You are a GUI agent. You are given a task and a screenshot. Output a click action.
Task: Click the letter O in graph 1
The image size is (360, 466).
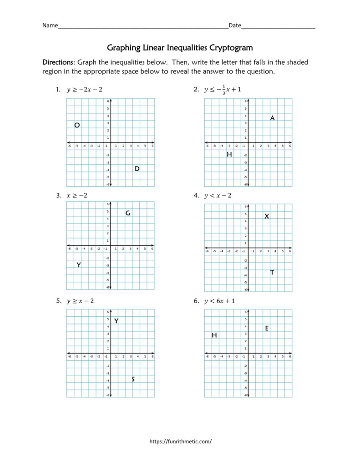(77, 125)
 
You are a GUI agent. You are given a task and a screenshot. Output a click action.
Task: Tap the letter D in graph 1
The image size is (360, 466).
(137, 169)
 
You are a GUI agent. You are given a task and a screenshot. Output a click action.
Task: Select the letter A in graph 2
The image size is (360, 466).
(272, 118)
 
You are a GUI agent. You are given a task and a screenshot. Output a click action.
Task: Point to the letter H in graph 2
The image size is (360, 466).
(229, 155)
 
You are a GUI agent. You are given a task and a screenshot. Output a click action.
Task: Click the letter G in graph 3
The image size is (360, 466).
(128, 213)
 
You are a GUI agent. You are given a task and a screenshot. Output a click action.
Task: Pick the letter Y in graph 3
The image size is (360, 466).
(79, 265)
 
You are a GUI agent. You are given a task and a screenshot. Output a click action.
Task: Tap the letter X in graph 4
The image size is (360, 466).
(267, 217)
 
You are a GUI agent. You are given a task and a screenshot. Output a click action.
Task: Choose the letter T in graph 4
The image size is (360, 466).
(272, 273)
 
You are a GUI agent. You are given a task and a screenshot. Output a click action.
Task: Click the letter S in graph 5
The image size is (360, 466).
(133, 379)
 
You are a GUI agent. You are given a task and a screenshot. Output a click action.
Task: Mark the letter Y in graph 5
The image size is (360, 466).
(117, 321)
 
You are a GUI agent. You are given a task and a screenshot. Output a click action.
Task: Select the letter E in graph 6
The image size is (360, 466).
(267, 328)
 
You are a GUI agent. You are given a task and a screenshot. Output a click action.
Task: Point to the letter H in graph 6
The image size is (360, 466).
(214, 335)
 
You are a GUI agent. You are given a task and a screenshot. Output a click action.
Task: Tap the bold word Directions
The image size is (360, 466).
(58, 62)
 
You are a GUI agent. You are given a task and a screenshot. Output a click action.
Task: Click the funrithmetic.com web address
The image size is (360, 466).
(181, 441)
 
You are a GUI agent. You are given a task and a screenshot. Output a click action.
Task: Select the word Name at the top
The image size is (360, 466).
(50, 25)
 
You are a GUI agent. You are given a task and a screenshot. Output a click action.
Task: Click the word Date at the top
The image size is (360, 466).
(235, 25)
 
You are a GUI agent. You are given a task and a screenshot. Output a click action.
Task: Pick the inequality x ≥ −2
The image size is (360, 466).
(77, 195)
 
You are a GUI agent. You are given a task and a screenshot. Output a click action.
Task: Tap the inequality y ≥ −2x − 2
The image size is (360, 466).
(88, 90)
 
